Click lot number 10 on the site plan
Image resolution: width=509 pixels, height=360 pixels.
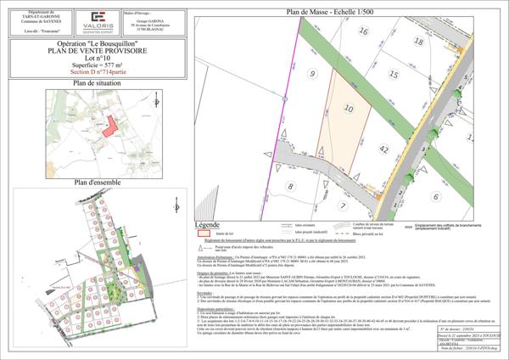tap(349, 109)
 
